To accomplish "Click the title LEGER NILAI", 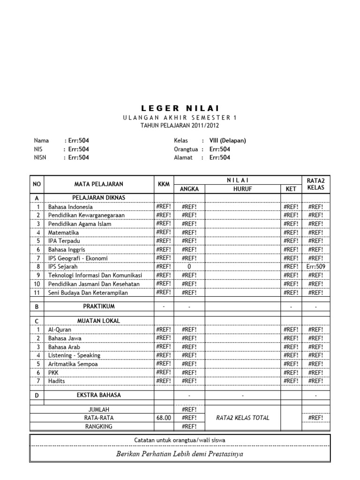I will pyautogui.click(x=180, y=109).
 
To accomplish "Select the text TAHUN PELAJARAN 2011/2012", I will pyautogui.click(x=180, y=126).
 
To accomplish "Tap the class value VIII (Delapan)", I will pyautogui.click(x=227, y=140).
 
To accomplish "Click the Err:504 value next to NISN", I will pyautogui.click(x=78, y=157).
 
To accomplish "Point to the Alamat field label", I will pyautogui.click(x=183, y=157).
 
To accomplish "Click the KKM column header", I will pyautogui.click(x=164, y=184).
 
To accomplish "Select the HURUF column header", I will pyautogui.click(x=242, y=189).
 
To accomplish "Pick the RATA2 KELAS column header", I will pyautogui.click(x=315, y=184).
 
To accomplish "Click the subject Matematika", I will pyautogui.click(x=64, y=232).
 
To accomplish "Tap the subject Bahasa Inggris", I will pyautogui.click(x=67, y=250).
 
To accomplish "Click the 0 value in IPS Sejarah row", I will pyautogui.click(x=189, y=267).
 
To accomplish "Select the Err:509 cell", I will pyautogui.click(x=315, y=267).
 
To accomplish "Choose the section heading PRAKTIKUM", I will pyautogui.click(x=98, y=306).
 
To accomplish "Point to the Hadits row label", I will pyautogui.click(x=57, y=381).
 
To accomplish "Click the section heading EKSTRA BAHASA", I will pyautogui.click(x=98, y=395).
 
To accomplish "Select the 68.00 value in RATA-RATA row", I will pyautogui.click(x=164, y=418).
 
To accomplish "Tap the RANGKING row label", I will pyautogui.click(x=98, y=426).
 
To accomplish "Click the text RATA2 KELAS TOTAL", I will pyautogui.click(x=242, y=418).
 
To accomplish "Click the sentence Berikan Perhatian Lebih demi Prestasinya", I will pyautogui.click(x=180, y=454).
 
